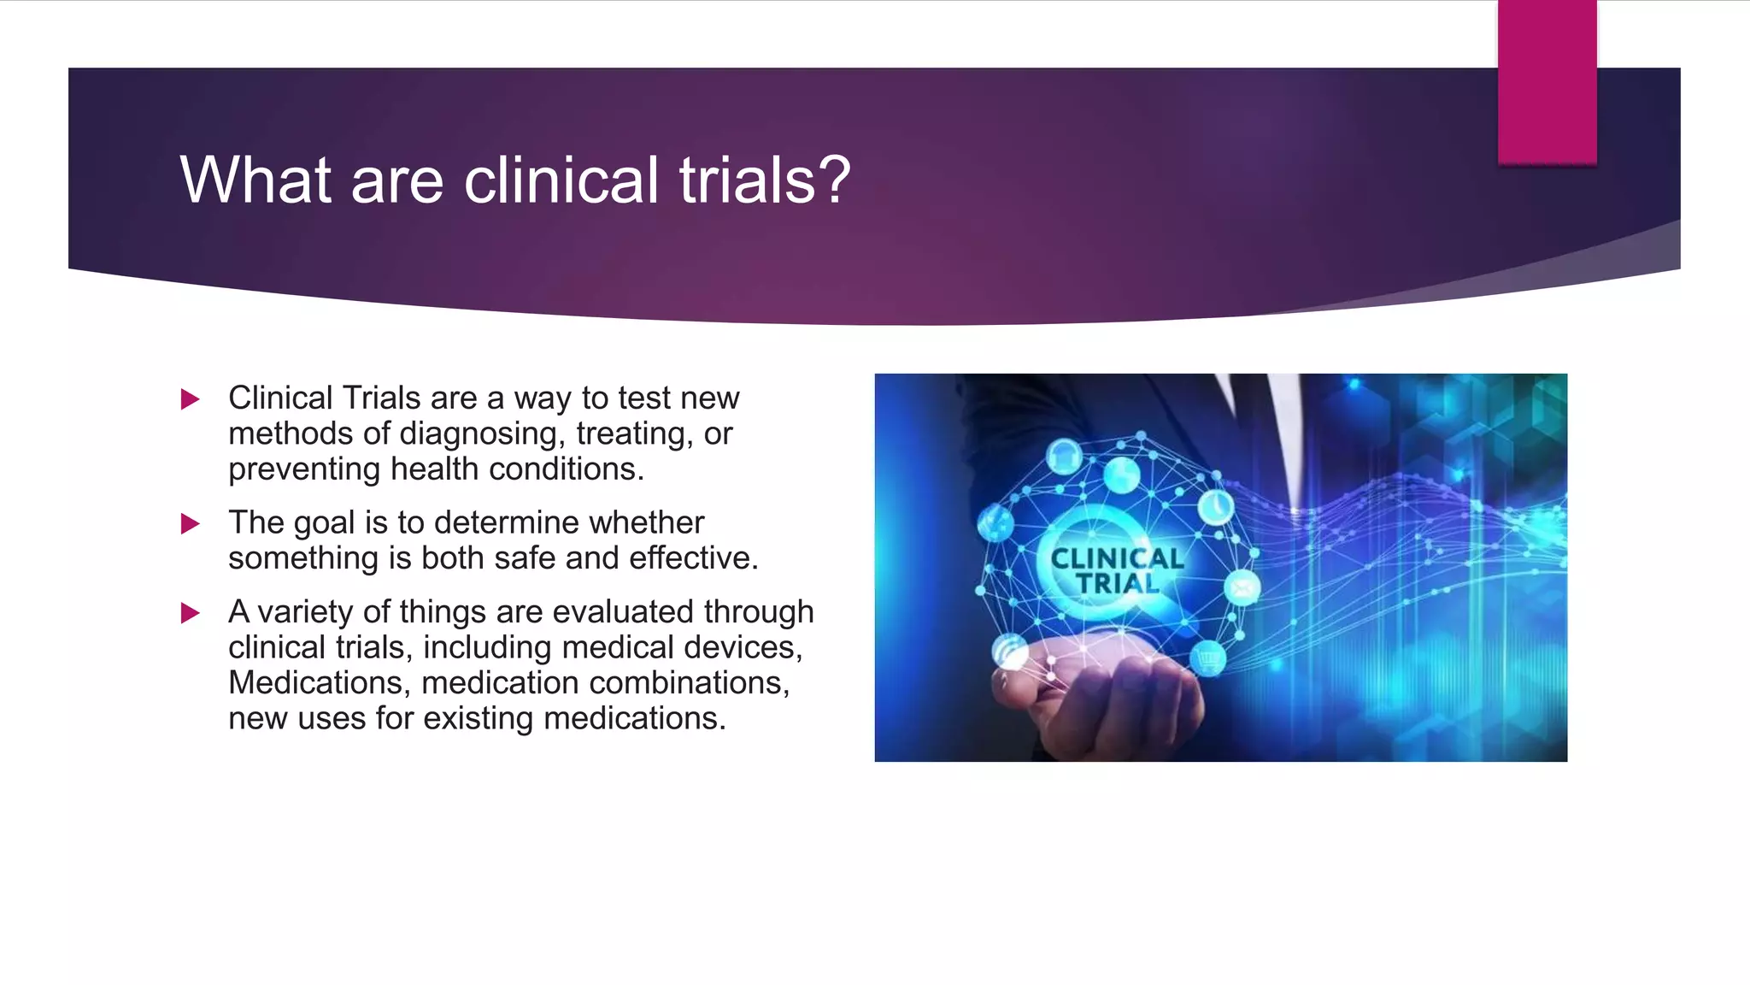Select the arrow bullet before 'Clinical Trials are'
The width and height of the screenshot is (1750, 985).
pyautogui.click(x=191, y=399)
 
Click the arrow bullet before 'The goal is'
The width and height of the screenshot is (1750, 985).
pyautogui.click(x=191, y=523)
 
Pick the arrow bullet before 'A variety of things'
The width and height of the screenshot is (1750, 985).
pyautogui.click(x=191, y=613)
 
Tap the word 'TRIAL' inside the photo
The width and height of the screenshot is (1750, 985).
pyautogui.click(x=1117, y=584)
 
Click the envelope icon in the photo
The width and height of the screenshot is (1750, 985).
pyautogui.click(x=1242, y=588)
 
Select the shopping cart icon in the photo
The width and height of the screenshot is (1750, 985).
pyautogui.click(x=1207, y=658)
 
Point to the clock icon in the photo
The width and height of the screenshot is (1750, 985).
pyautogui.click(x=1214, y=507)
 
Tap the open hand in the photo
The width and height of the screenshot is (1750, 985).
pyautogui.click(x=1102, y=693)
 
